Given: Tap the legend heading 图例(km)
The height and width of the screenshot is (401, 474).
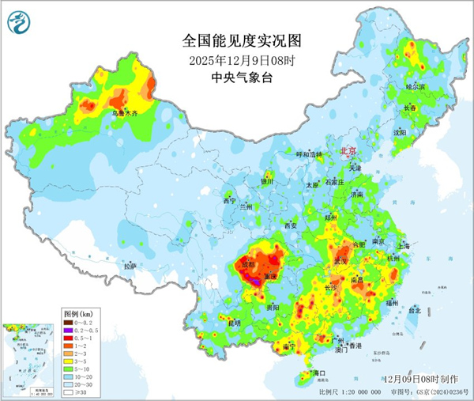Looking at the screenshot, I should pyautogui.click(x=77, y=314).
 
